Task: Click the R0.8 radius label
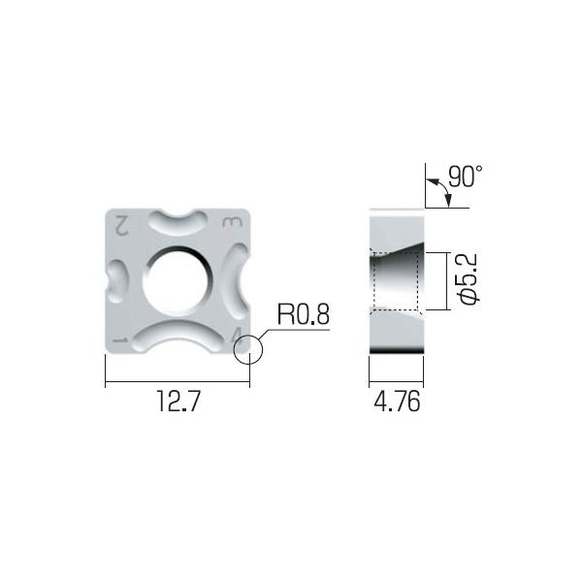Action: coord(304,314)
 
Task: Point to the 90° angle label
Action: coord(465,178)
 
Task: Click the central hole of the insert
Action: coord(177,280)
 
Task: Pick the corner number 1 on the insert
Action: coord(121,340)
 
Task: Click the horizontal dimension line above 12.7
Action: coord(177,383)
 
